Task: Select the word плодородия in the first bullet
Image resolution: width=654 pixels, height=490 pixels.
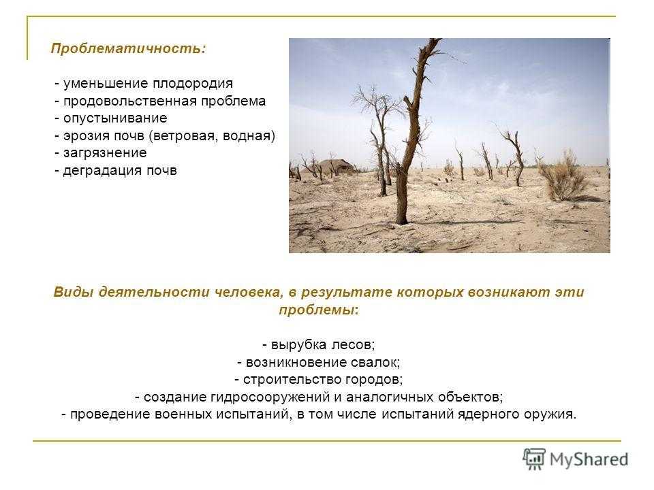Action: [192, 84]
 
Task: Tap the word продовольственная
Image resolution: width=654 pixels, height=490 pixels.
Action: [129, 101]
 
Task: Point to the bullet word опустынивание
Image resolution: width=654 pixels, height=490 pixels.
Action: [115, 118]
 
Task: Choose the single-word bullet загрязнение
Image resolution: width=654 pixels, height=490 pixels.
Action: [105, 153]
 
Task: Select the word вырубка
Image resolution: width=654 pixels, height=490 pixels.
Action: [298, 345]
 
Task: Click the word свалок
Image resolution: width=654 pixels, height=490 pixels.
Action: [375, 363]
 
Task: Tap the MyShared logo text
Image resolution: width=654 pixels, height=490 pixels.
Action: [589, 460]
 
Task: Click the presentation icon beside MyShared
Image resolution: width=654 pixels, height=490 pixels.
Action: [534, 459]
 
